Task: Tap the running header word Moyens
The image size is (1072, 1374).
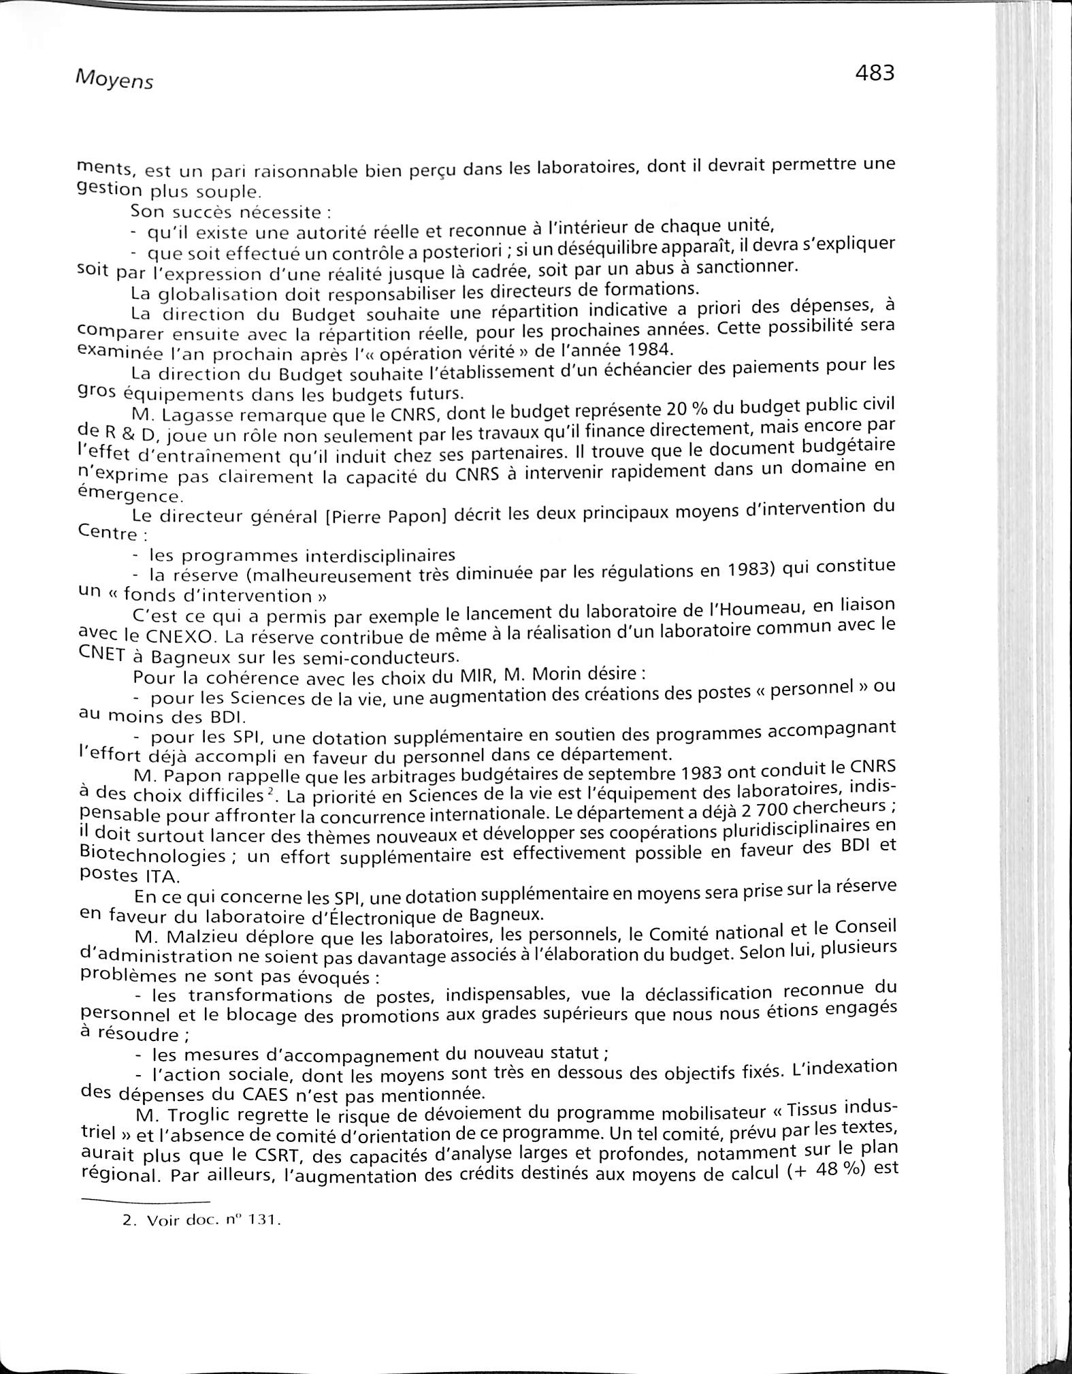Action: pos(114,80)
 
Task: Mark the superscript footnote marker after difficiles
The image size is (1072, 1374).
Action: pos(270,792)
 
